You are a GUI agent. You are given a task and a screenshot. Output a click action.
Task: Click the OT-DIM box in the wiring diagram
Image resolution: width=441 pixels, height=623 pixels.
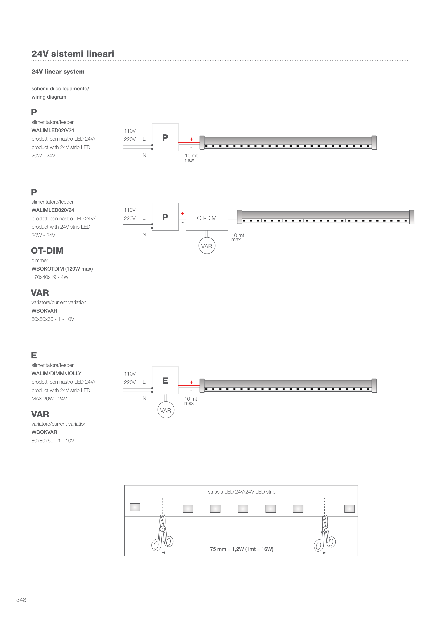[x=207, y=217]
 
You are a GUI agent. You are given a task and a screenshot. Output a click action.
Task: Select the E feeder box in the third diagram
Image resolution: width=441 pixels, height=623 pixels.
[x=165, y=380]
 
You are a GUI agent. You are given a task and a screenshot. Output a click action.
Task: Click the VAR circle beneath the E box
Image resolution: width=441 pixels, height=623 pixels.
[x=166, y=410]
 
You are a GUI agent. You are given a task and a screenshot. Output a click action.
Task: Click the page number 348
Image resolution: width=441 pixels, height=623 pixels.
[x=21, y=600]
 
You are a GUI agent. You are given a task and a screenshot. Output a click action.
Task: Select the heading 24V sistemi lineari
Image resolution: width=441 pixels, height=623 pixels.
[x=73, y=54]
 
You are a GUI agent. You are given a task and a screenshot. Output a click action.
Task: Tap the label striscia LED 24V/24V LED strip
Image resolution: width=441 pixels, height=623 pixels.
[x=242, y=492]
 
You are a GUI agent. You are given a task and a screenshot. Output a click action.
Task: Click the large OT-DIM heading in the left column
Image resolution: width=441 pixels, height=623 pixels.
[x=47, y=250]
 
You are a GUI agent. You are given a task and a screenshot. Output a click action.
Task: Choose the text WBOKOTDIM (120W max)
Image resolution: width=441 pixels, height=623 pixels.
[x=62, y=269]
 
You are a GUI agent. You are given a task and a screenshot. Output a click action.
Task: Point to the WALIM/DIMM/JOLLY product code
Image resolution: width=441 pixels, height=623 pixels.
[x=56, y=373]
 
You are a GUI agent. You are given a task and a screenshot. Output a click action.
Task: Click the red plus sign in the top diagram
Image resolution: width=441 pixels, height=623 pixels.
[x=191, y=139]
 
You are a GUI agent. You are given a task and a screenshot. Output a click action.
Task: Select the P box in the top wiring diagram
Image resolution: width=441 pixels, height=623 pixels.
[x=165, y=137]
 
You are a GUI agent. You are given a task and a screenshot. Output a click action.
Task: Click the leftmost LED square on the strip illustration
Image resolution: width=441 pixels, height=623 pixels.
[x=135, y=507]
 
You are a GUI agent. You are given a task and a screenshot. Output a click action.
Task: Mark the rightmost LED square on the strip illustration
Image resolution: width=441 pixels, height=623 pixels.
[x=350, y=509]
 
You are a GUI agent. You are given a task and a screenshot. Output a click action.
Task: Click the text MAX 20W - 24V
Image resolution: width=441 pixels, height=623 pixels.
[x=49, y=399]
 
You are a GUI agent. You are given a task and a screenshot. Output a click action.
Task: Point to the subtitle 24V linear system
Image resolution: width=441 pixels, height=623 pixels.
[x=58, y=72]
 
